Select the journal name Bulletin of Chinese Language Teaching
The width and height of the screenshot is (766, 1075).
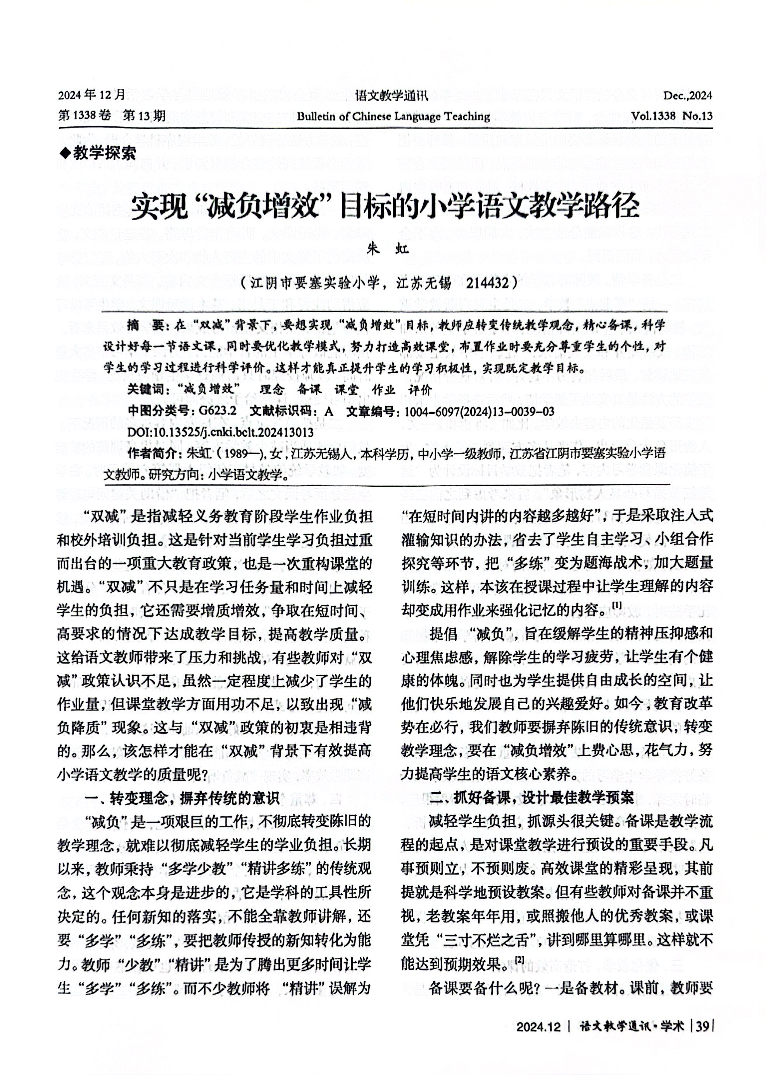[x=393, y=116]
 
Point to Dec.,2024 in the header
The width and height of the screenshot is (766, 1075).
[x=687, y=96]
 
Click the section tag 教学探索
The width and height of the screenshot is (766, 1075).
[x=104, y=153]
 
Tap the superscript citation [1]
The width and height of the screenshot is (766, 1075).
[x=617, y=605]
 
